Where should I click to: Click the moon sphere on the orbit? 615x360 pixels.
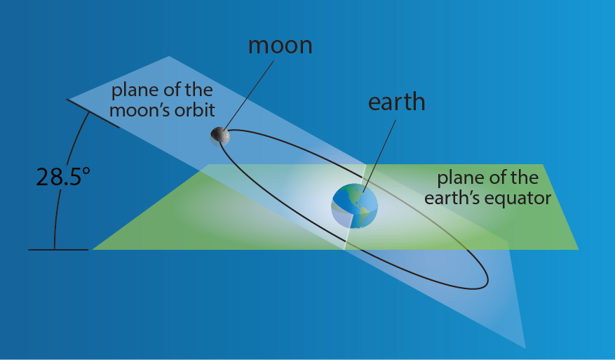click(x=220, y=136)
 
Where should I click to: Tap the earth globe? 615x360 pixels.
click(x=355, y=206)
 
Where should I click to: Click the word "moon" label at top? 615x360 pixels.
click(x=280, y=46)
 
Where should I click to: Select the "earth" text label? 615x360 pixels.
click(x=396, y=102)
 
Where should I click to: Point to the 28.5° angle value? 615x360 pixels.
click(x=63, y=177)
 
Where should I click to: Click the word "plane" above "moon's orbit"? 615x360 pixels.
click(x=135, y=91)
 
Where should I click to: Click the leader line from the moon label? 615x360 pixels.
click(x=249, y=95)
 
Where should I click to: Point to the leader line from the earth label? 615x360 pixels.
click(x=379, y=156)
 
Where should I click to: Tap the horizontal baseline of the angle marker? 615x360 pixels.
click(x=58, y=250)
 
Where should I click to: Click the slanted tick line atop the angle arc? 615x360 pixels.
click(x=93, y=114)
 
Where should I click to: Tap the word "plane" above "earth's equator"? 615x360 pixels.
click(x=461, y=179)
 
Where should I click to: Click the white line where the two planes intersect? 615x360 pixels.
click(x=355, y=207)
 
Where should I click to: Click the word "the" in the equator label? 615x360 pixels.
click(x=525, y=178)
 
